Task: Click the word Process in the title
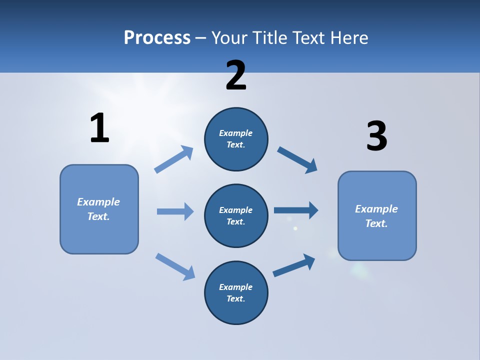coord(157,38)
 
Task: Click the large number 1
coord(99,128)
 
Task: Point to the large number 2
coord(236,75)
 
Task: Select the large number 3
coord(376,136)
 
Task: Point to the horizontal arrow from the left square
coord(175,211)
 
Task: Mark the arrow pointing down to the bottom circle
coord(175,266)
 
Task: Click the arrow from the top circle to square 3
coord(297,159)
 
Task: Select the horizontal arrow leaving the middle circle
coord(296,210)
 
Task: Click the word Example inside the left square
coord(98,202)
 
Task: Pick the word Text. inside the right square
coord(376,223)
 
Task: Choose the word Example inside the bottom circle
coord(236,287)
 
